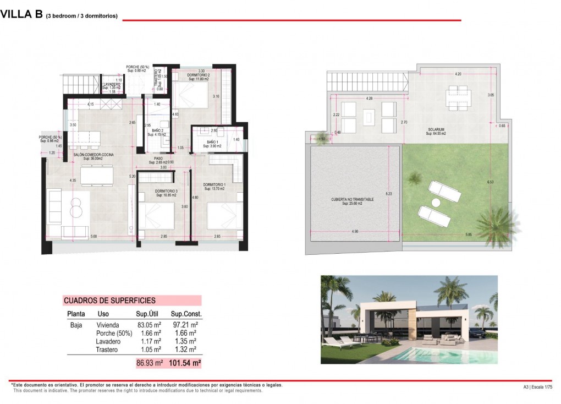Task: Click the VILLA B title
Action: [x=21, y=15]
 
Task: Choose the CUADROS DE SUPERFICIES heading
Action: [x=109, y=301]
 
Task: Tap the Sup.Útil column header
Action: [x=147, y=314]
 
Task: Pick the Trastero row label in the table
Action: [x=107, y=350]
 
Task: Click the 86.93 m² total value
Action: [x=150, y=363]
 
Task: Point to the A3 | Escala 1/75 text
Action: [x=537, y=387]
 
